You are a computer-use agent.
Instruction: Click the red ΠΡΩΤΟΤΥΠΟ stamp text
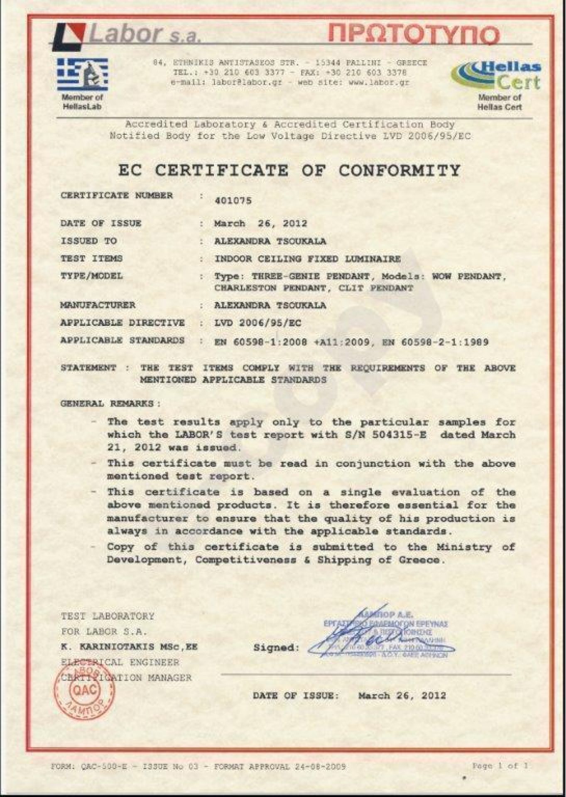[x=413, y=35]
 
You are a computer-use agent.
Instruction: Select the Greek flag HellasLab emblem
[x=82, y=74]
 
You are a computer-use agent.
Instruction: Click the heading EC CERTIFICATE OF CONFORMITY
[x=289, y=171]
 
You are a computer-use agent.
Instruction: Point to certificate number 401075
[x=233, y=201]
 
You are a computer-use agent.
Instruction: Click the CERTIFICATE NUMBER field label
[x=117, y=196]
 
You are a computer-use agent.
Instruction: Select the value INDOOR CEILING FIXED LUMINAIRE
[x=307, y=259]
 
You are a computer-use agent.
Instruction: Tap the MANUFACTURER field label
[x=98, y=305]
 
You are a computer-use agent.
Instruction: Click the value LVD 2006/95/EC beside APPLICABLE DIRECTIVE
[x=257, y=323]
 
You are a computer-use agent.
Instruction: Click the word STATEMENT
[x=88, y=368]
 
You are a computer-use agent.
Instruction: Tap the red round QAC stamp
[x=85, y=689]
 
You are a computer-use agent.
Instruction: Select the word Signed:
[x=276, y=647]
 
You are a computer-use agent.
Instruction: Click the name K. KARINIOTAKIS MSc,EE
[x=129, y=647]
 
